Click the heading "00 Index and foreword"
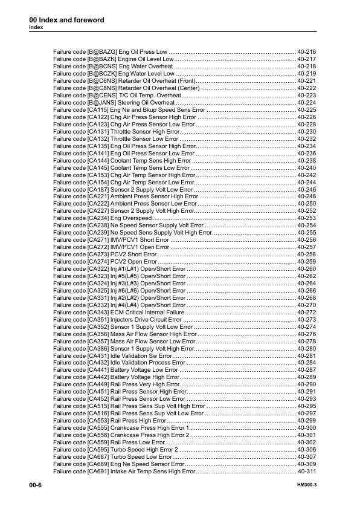pos(66,20)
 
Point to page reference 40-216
pos(307,53)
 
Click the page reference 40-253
pos(307,218)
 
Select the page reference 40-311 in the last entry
pos(307,471)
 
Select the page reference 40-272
pos(307,313)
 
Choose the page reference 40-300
pos(307,427)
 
